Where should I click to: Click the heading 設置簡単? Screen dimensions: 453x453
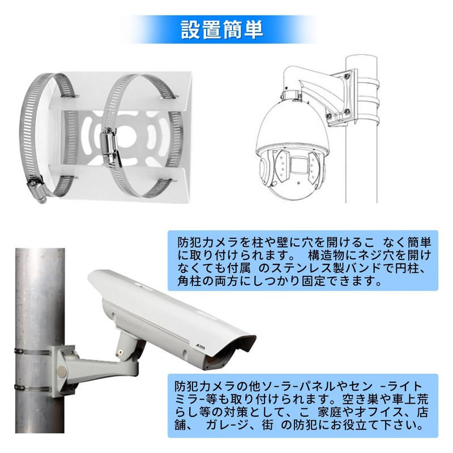pos(221,29)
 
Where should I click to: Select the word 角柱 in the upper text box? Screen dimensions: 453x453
pos(189,280)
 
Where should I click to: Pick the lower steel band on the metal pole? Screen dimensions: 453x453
pos(34,387)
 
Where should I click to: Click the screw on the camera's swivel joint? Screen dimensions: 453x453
pos(121,352)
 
